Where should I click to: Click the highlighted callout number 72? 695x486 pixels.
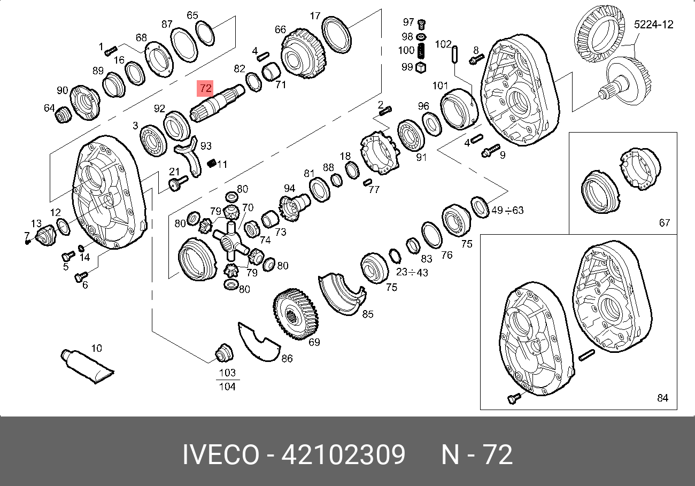pyautogui.click(x=205, y=88)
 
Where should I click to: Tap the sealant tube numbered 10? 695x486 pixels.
pyautogui.click(x=87, y=367)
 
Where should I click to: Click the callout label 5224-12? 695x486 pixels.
pyautogui.click(x=653, y=25)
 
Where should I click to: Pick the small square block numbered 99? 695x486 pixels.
pyautogui.click(x=420, y=67)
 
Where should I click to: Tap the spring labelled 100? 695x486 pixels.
pyautogui.click(x=421, y=51)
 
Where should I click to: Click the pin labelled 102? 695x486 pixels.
pyautogui.click(x=455, y=54)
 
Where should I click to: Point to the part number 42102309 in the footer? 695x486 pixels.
pyautogui.click(x=343, y=454)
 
